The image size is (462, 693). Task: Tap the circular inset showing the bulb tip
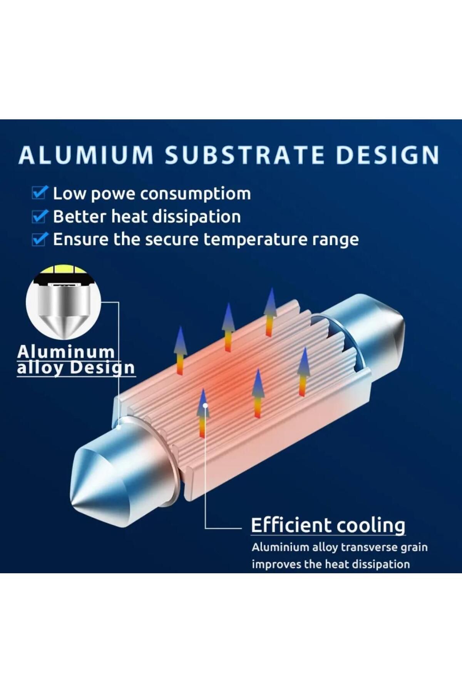(63, 302)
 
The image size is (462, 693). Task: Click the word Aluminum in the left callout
(66, 352)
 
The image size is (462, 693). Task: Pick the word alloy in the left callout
(40, 368)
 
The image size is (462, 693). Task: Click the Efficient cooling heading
(328, 525)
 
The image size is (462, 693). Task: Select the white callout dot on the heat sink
(206, 405)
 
